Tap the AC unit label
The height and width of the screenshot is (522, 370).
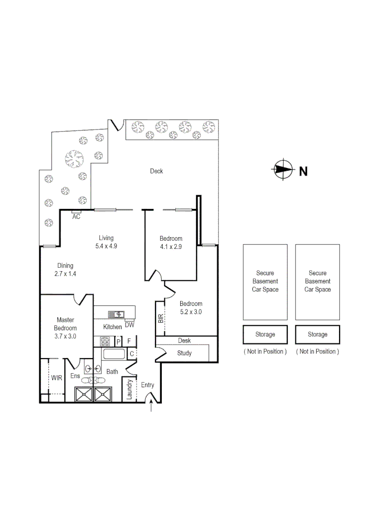pos(76,217)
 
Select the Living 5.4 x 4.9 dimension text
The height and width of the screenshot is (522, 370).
pos(106,246)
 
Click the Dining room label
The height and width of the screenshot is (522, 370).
pos(65,265)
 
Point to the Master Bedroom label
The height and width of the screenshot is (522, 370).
pos(65,328)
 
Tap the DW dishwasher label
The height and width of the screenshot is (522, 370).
pos(129,325)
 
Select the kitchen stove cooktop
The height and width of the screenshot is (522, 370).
pos(106,341)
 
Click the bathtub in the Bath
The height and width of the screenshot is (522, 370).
pos(115,354)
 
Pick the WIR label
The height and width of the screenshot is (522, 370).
pos(57,377)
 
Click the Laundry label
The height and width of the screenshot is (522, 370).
pos(130,389)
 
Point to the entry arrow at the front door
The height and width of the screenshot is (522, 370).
pos(152,407)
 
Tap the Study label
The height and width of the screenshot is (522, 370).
pos(184,353)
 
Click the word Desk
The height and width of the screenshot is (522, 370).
pos(185,341)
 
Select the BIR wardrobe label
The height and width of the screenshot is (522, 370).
pos(160,319)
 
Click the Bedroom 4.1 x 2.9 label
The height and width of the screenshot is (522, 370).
pos(171,242)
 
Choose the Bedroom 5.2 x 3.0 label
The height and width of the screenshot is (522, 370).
pos(190,308)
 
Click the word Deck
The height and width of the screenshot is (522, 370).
pos(156,171)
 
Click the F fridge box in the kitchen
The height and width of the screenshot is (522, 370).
pos(129,341)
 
